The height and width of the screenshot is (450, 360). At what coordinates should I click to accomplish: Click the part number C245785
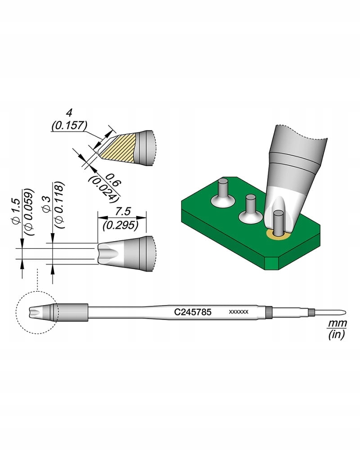(x=193, y=311)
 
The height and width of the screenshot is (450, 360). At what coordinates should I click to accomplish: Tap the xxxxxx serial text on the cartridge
(x=238, y=312)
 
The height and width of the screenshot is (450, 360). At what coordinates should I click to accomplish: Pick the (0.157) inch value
(x=69, y=126)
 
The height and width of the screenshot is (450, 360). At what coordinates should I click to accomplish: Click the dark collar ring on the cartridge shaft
(x=269, y=311)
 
